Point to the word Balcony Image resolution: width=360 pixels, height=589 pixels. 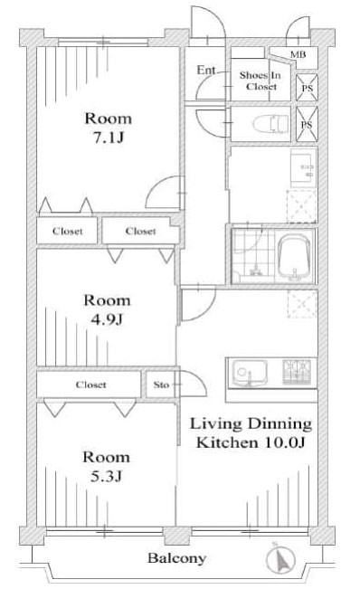[x=177, y=558]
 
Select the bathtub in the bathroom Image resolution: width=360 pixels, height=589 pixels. [x=294, y=257]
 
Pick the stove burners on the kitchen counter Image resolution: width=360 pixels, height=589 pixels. [x=298, y=372]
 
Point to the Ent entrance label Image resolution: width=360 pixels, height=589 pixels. [x=206, y=70]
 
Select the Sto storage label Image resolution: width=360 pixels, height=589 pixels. [x=161, y=385]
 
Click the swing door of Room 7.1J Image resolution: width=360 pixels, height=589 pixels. [x=163, y=195]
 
